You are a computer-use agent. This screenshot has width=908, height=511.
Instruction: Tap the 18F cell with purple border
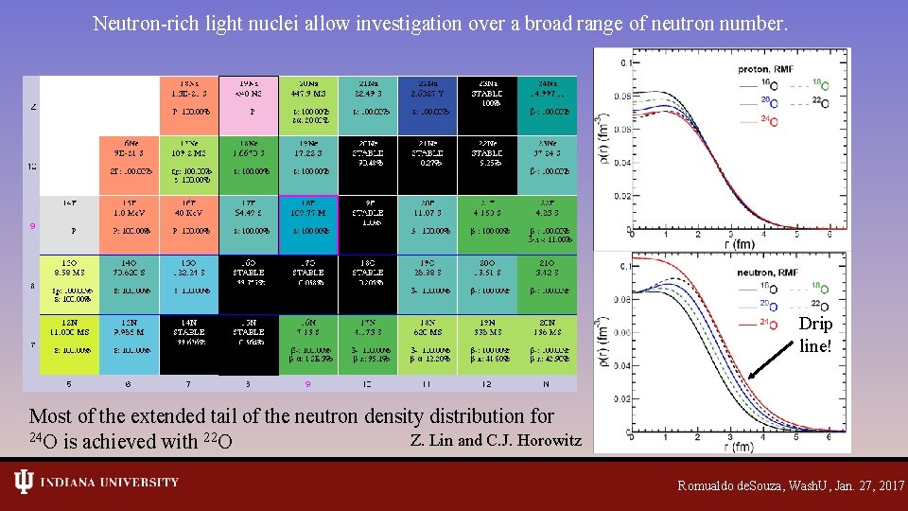click(307, 225)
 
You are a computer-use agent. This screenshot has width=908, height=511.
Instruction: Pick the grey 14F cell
click(69, 225)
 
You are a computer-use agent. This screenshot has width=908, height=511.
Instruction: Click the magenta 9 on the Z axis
click(33, 225)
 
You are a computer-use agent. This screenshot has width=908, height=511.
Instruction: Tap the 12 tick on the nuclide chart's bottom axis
click(487, 384)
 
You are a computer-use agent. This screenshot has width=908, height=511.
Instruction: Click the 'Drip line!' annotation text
click(815, 334)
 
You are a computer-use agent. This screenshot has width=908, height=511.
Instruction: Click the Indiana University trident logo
click(24, 483)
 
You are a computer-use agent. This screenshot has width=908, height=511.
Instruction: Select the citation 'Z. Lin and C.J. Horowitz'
click(496, 440)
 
